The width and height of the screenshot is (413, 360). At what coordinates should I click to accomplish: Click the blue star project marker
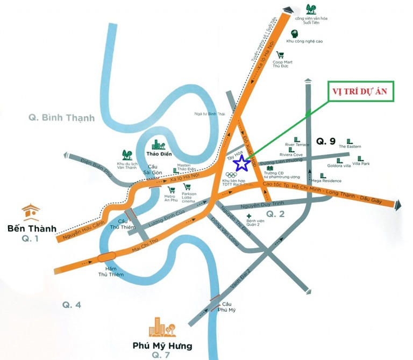tap(243, 162)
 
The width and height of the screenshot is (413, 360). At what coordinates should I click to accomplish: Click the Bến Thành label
tap(32, 228)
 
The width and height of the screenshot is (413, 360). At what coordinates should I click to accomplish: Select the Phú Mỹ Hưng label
tap(162, 345)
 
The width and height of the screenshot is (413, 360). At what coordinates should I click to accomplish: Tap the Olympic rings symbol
tap(231, 175)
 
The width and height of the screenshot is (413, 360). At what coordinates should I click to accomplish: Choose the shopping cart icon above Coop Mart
tap(280, 55)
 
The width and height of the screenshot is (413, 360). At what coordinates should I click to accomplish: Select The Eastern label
tap(350, 146)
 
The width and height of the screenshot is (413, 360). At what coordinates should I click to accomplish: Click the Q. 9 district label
tap(325, 142)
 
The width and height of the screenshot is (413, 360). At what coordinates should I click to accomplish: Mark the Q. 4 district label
tap(71, 305)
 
